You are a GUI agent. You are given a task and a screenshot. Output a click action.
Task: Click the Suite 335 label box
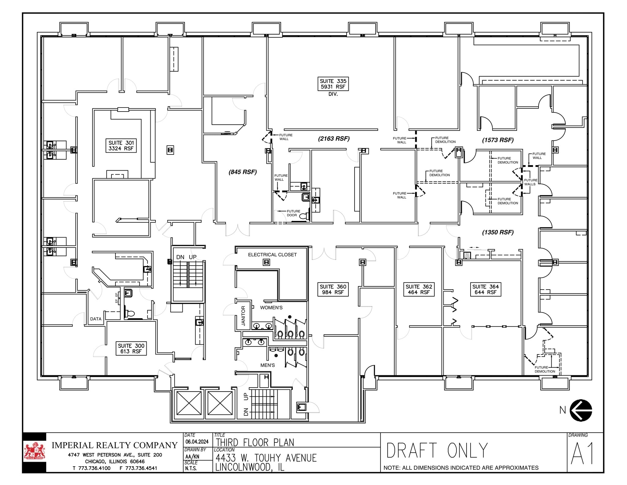tap(333, 84)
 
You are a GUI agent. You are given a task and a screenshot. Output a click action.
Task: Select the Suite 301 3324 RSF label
tap(121, 146)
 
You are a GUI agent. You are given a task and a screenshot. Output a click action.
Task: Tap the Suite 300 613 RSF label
tap(131, 349)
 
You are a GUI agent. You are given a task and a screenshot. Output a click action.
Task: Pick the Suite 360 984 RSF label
tap(333, 290)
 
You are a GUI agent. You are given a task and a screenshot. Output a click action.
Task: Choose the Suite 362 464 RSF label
tap(419, 290)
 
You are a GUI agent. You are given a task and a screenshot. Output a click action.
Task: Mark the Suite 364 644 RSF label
tap(486, 290)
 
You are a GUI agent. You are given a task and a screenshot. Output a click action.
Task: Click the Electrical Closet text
tap(272, 255)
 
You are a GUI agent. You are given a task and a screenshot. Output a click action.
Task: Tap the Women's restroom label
tap(271, 308)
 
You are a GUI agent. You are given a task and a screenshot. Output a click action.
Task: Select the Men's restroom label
tap(268, 365)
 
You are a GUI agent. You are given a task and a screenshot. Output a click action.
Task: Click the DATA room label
tap(96, 319)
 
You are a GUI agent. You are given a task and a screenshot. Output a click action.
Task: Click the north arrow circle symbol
tap(581, 410)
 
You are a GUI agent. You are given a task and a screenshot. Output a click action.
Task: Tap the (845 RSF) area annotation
tap(242, 172)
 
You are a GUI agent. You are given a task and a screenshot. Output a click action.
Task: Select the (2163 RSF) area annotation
tap(334, 139)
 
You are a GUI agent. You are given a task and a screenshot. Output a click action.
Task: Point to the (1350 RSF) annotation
tap(498, 233)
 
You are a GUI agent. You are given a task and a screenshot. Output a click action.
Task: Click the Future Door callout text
tap(293, 213)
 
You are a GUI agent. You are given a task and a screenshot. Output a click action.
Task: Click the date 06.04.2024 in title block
tap(197, 441)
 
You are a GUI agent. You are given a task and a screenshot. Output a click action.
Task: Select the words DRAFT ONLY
tap(437, 450)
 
